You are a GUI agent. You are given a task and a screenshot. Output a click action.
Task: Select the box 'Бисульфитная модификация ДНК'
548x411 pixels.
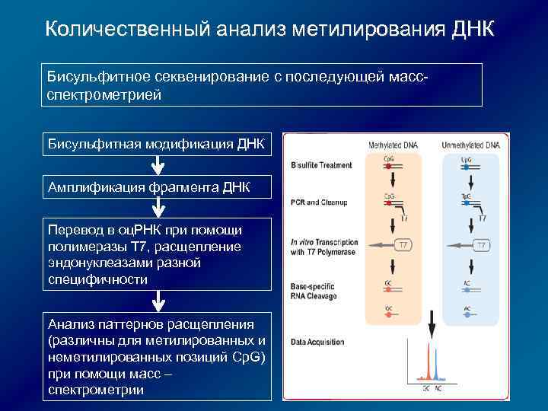[157, 145]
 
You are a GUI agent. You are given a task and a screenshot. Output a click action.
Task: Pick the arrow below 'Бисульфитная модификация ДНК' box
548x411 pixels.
[157, 167]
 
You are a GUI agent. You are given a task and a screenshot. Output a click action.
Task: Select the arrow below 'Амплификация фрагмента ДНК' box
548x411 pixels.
[157, 209]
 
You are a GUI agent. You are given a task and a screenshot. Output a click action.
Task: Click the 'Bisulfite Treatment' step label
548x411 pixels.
[321, 165]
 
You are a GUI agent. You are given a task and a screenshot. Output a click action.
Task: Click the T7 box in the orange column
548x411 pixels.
[405, 245]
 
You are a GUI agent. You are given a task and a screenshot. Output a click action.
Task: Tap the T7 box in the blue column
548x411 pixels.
[482, 245]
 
